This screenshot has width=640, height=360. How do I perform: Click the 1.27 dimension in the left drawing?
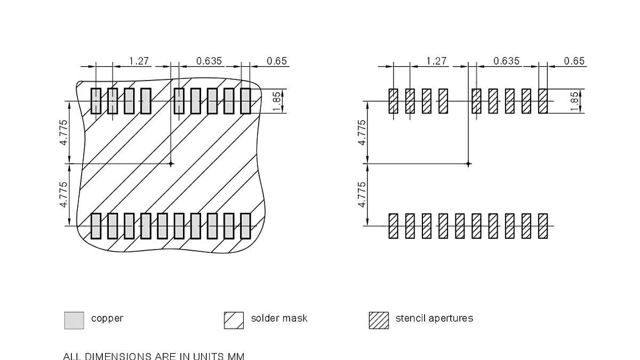(x=139, y=61)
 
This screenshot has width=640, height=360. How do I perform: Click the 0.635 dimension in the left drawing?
(x=209, y=61)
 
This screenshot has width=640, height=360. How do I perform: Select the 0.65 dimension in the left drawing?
(x=277, y=61)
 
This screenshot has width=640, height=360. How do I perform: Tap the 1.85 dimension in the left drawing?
(x=277, y=101)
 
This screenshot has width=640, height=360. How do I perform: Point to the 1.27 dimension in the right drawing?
(x=437, y=61)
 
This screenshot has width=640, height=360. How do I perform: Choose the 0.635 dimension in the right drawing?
(x=507, y=61)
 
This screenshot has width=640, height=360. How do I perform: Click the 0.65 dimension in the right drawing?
(x=574, y=61)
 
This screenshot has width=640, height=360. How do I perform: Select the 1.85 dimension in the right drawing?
(x=574, y=101)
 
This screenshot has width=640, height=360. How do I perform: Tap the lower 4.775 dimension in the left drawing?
(x=63, y=195)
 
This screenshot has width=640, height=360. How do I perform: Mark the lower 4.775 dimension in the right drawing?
(x=362, y=195)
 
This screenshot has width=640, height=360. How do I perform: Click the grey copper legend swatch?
(x=74, y=320)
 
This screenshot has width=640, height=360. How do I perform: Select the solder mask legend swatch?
(x=234, y=320)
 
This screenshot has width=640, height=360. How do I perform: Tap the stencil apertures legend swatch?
(x=379, y=320)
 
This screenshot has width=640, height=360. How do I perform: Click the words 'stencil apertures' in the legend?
(x=434, y=318)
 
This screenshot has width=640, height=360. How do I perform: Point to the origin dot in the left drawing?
(x=171, y=164)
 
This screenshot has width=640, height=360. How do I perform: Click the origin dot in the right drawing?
(x=468, y=164)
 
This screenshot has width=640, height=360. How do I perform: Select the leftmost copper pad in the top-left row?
(x=95, y=101)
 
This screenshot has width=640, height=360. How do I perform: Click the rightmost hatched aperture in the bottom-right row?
(x=543, y=226)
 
